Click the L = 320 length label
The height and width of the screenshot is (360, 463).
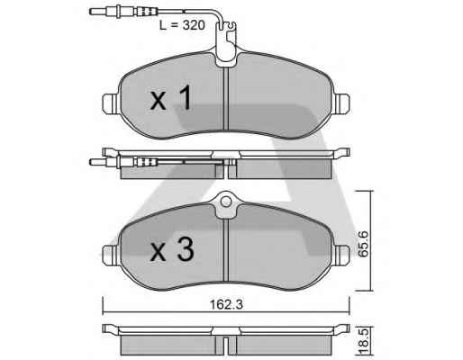(x=182, y=25)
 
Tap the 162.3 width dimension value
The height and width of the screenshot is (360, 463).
(x=226, y=305)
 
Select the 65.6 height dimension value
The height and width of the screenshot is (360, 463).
(x=364, y=244)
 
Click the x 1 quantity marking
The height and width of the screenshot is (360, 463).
(x=171, y=97)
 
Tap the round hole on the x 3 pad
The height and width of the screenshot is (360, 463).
(x=226, y=202)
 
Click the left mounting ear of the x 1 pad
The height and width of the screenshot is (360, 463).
(x=111, y=103)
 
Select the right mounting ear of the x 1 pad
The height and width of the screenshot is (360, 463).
(x=342, y=103)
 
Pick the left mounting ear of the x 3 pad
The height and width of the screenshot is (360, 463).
(x=111, y=255)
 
